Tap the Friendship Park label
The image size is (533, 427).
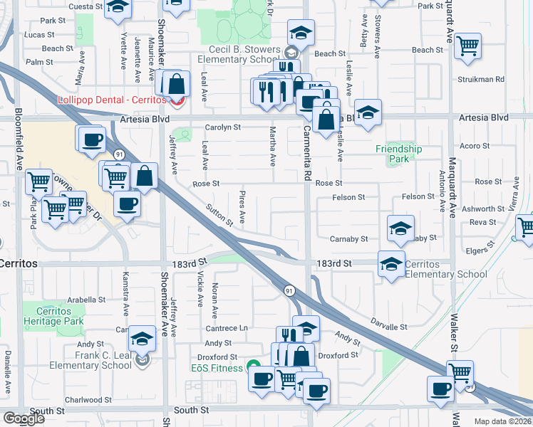pyautogui.click(x=400, y=154)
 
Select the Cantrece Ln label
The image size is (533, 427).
pyautogui.click(x=226, y=327)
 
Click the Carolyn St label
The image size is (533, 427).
pyautogui.click(x=222, y=127)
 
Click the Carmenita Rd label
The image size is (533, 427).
pyautogui.click(x=307, y=152)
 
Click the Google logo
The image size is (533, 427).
pyautogui.click(x=24, y=418)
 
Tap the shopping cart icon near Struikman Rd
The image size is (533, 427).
pyautogui.click(x=467, y=46)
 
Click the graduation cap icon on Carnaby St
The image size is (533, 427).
pyautogui.click(x=400, y=228)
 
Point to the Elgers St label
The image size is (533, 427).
pyautogui.click(x=478, y=251)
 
